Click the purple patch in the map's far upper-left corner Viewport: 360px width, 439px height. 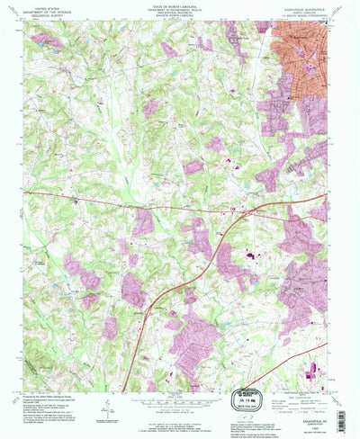pyautogui.click(x=45, y=41)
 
